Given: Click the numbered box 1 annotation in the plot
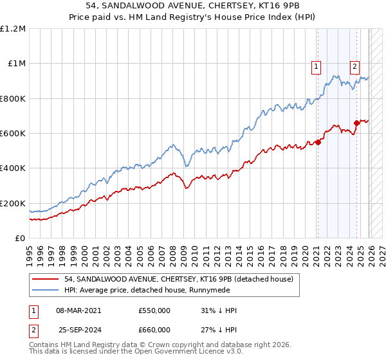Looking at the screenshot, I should pyautogui.click(x=317, y=65).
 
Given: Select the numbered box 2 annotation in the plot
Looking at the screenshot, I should pyautogui.click(x=354, y=65).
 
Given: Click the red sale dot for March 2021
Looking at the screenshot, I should pyautogui.click(x=318, y=142).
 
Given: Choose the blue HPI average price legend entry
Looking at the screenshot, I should pyautogui.click(x=161, y=290).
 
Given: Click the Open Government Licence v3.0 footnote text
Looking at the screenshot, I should pyautogui.click(x=180, y=353).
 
